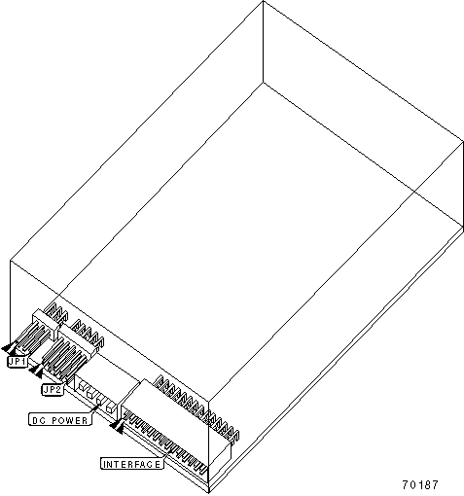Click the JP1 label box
(18, 362)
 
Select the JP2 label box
(52, 389)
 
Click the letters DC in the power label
(37, 420)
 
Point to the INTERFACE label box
(131, 464)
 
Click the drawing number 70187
(420, 485)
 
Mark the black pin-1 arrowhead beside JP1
(10, 348)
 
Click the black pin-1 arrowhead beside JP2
(36, 371)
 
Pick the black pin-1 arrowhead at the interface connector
(117, 426)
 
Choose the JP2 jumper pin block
(64, 359)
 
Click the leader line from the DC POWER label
(93, 409)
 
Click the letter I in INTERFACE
(104, 464)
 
